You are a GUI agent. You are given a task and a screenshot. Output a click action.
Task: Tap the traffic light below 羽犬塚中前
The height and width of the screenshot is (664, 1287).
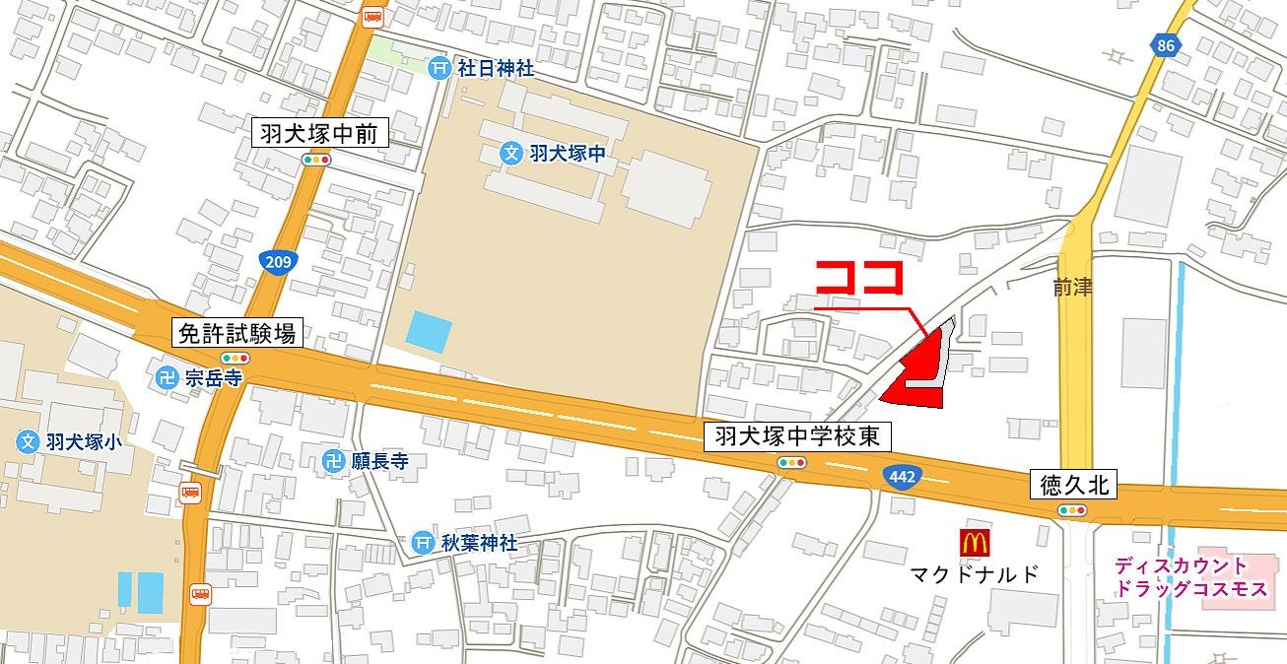pos(316,160)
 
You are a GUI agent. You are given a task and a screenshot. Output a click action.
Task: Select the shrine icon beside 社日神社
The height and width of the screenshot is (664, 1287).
pos(440,68)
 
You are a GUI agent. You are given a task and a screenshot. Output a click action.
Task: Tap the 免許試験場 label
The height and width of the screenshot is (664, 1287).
pos(237,333)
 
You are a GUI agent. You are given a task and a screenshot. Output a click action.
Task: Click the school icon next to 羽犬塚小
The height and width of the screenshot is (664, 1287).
pos(29,441)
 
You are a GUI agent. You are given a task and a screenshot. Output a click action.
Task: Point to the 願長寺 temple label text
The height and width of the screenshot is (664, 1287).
pos(379,461)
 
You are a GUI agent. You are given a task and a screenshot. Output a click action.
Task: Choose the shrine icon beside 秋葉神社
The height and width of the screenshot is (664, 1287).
pos(423,543)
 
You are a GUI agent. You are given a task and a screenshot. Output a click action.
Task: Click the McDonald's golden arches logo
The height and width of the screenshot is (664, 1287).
pos(974,542)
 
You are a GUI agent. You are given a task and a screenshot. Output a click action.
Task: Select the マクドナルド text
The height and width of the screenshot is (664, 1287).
pos(974,574)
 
